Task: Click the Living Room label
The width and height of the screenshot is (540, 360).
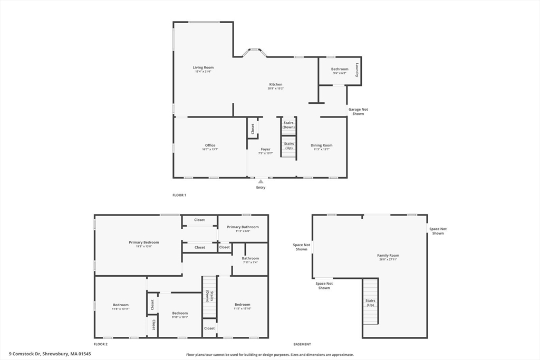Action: pyautogui.click(x=203, y=67)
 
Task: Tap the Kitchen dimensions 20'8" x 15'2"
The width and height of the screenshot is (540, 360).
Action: pyautogui.click(x=275, y=89)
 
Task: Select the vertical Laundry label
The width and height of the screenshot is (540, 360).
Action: pyautogui.click(x=357, y=70)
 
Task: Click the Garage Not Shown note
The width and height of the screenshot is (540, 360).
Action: pyautogui.click(x=358, y=111)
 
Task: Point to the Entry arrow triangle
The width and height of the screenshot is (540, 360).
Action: pyautogui.click(x=261, y=181)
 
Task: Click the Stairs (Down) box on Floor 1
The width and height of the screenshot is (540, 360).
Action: pyautogui.click(x=288, y=125)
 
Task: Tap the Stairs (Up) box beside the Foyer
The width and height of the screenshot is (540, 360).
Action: pyautogui.click(x=288, y=145)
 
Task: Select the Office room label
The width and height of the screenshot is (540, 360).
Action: pyautogui.click(x=210, y=145)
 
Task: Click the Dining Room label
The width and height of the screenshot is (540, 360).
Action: pyautogui.click(x=321, y=145)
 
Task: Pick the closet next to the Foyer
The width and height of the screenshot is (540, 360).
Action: pyautogui.click(x=253, y=129)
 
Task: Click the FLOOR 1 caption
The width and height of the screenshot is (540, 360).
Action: pyautogui.click(x=179, y=195)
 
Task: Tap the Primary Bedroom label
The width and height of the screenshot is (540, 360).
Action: pyautogui.click(x=143, y=242)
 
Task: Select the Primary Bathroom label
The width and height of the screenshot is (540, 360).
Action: pyautogui.click(x=243, y=227)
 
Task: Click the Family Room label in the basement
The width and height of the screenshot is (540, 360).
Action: pyautogui.click(x=388, y=255)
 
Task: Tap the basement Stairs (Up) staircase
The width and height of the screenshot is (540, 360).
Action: pyautogui.click(x=370, y=303)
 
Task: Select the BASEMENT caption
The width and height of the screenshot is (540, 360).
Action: pyautogui.click(x=302, y=344)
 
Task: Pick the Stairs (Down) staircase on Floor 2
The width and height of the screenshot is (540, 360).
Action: pyautogui.click(x=209, y=297)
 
